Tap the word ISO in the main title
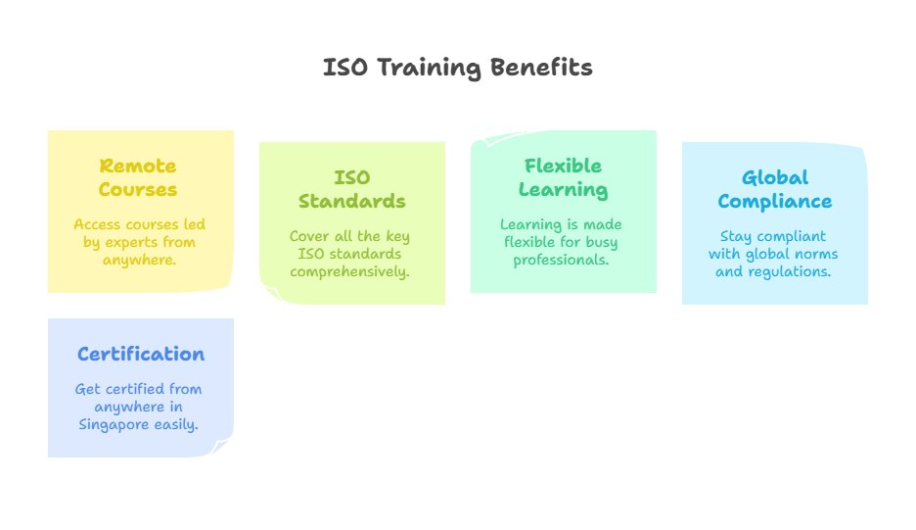[342, 68]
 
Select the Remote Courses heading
[138, 177]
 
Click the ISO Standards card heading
[351, 189]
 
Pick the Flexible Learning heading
[563, 177]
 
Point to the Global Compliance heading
[774, 189]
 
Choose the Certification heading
[141, 354]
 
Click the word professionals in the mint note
[562, 260]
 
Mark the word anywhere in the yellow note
[139, 260]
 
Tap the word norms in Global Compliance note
[814, 254]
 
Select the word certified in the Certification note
[133, 389]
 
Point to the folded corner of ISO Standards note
[269, 293]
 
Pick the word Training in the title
[433, 68]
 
